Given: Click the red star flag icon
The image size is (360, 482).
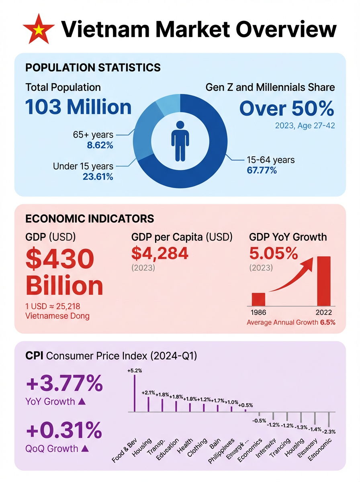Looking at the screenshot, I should (x=39, y=29).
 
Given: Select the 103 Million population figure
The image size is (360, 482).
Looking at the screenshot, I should (x=78, y=107).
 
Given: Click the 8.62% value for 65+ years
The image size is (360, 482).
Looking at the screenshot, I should (x=100, y=145).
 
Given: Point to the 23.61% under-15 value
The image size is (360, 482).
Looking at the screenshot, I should (x=98, y=176).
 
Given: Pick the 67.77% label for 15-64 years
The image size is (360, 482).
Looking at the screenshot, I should (x=262, y=170).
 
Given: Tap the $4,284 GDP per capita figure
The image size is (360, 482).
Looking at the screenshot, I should (x=160, y=253).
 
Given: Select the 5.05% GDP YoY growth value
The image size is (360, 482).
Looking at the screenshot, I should (x=274, y=253).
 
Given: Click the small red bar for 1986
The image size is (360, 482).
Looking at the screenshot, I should (x=258, y=300).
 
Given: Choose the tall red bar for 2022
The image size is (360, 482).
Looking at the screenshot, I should (x=324, y=281).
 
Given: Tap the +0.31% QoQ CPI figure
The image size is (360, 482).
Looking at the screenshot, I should (x=64, y=431).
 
